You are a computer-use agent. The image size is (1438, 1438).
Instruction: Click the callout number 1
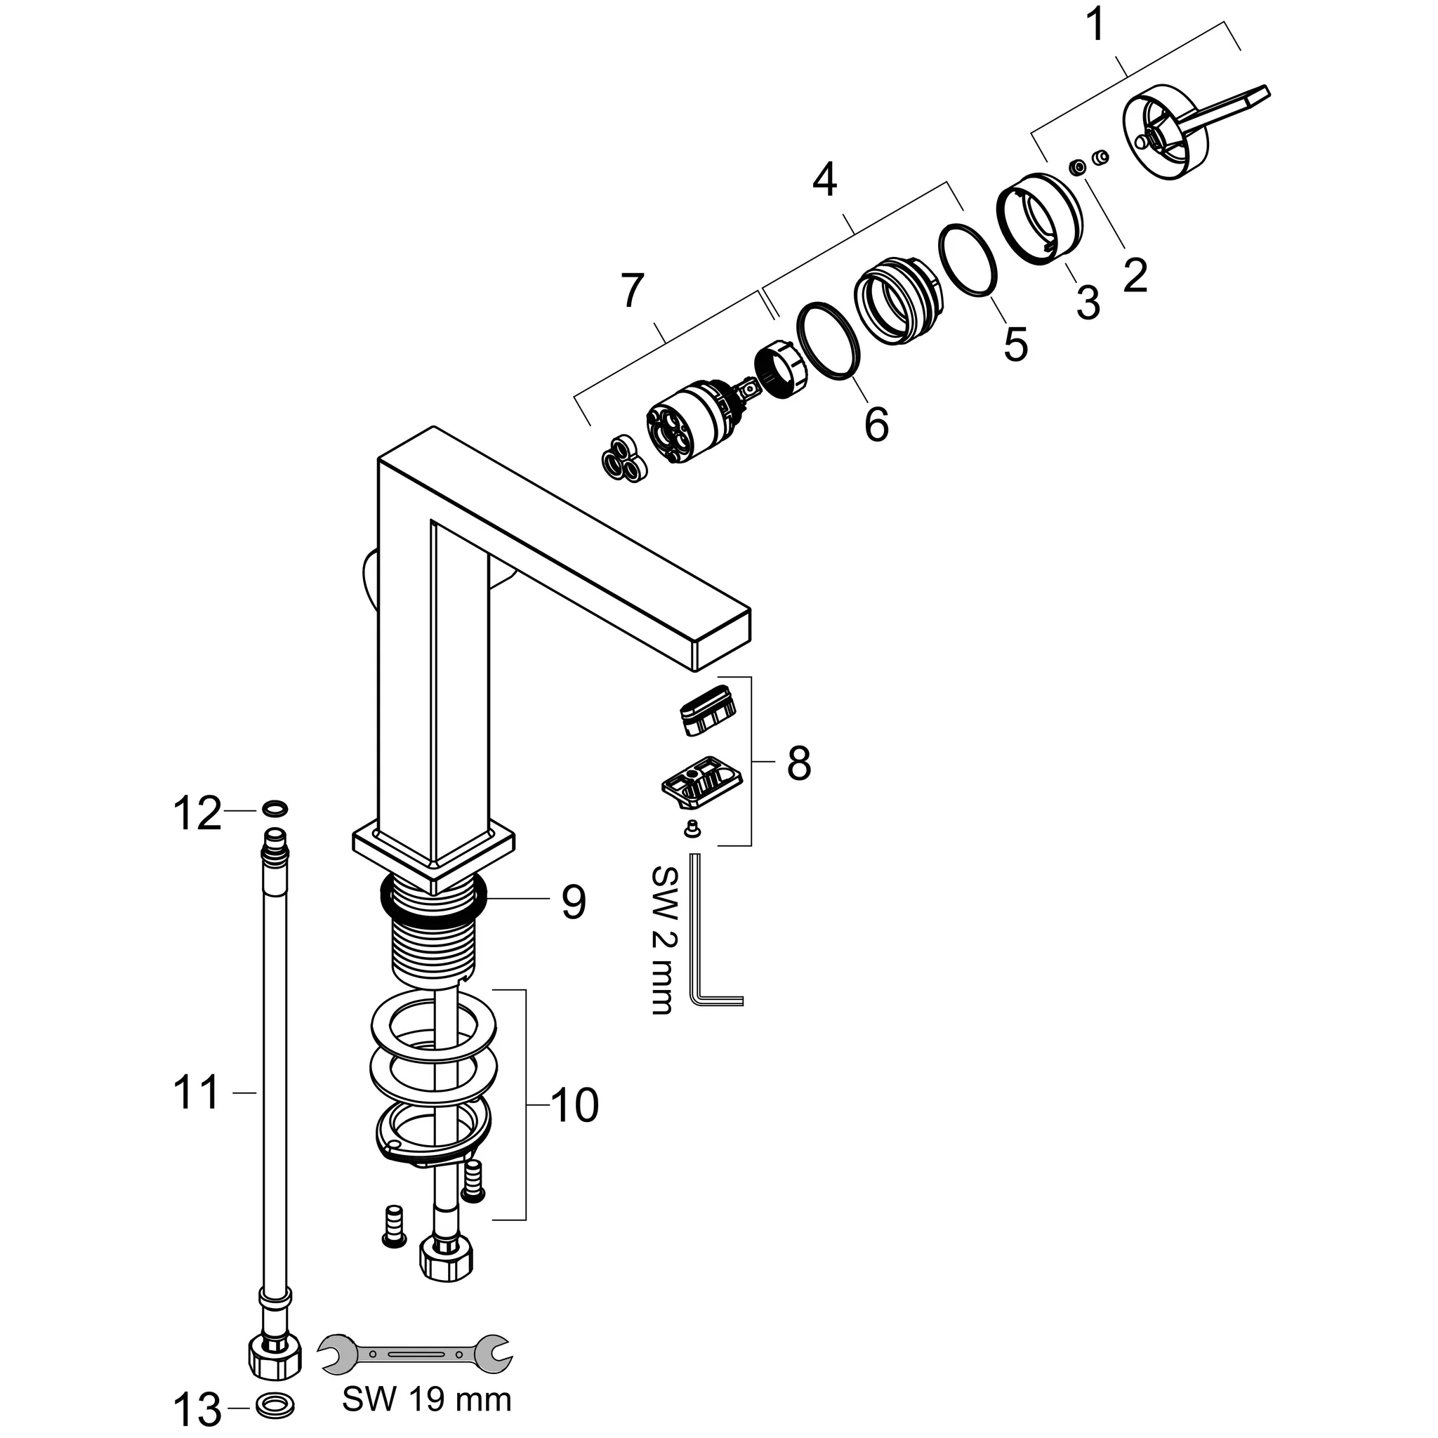pos(1095,27)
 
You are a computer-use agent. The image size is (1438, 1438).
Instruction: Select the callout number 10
pos(574,1105)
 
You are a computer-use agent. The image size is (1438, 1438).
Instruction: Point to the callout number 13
pos(197,1409)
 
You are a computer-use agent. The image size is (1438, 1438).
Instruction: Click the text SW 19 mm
pos(426,1400)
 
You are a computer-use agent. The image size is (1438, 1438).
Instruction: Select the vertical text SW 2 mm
pos(661,939)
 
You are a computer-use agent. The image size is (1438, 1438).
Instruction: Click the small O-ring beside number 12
pos(275,808)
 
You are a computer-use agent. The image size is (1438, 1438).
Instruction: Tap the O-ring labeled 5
pos(968,260)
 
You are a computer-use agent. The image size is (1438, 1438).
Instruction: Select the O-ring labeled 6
pos(830,342)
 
